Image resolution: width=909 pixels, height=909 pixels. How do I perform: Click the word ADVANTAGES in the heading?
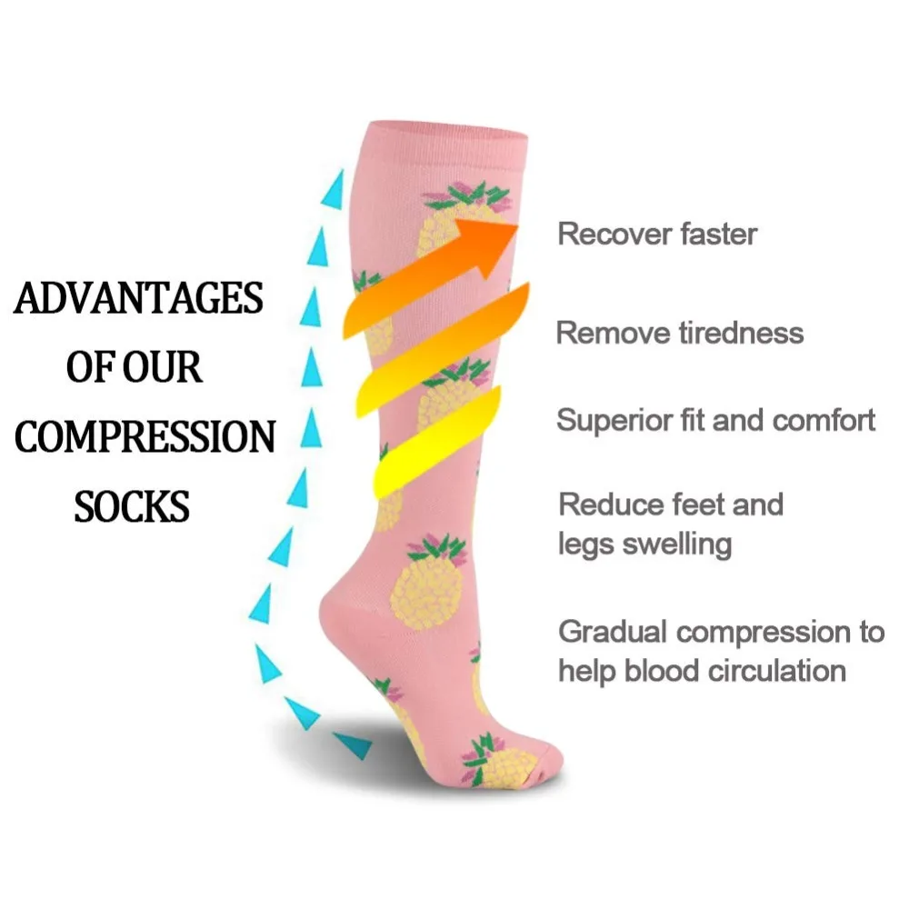(x=138, y=299)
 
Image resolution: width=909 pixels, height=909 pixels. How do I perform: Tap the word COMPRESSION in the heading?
(x=145, y=438)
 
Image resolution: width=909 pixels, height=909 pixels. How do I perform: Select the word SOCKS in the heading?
(x=132, y=506)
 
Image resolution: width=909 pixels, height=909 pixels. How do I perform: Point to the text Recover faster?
(x=656, y=234)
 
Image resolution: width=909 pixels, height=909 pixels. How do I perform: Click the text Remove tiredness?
(x=679, y=333)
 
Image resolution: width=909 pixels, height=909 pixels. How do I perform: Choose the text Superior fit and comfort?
(x=715, y=420)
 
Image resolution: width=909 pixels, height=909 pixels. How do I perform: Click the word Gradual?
(x=612, y=631)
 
